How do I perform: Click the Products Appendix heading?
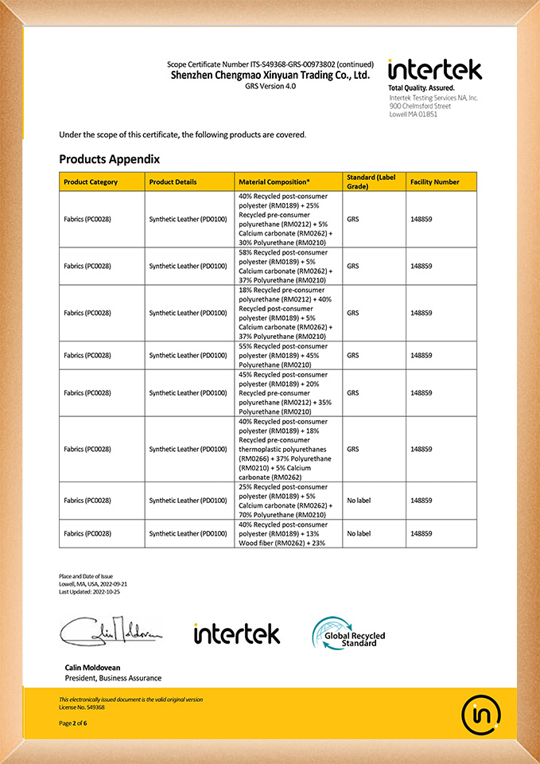point(109,159)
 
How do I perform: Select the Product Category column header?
point(91,182)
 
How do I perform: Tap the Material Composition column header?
point(274,182)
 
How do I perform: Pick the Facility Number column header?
point(434,182)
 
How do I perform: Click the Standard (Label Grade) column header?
point(371,181)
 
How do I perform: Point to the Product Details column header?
point(173,182)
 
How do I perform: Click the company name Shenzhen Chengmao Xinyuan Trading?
point(270,75)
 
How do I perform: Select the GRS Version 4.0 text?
point(270,85)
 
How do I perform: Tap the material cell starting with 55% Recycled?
point(283,355)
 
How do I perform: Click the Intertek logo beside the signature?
point(237,633)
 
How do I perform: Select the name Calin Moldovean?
point(92,667)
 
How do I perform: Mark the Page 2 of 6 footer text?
point(72,723)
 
